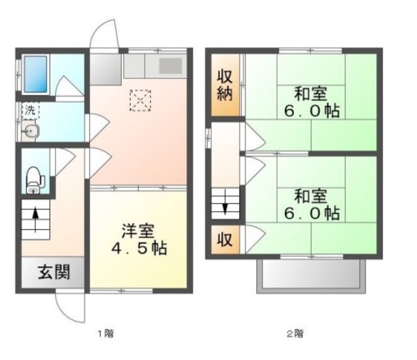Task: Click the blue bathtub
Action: pyautogui.click(x=36, y=74)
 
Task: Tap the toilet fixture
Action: pyautogui.click(x=35, y=180)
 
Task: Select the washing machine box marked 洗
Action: pyautogui.click(x=31, y=110)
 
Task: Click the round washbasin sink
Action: pyautogui.click(x=31, y=130)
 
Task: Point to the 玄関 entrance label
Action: pyautogui.click(x=54, y=272)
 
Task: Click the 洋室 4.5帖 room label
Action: pyautogui.click(x=139, y=239)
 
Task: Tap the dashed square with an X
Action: pyautogui.click(x=140, y=100)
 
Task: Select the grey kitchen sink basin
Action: pyautogui.click(x=171, y=66)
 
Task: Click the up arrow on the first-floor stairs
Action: pyautogui.click(x=35, y=220)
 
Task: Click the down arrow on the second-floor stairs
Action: pyautogui.click(x=225, y=202)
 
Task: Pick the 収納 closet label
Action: pyautogui.click(x=225, y=85)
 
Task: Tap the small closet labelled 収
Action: pyautogui.click(x=225, y=239)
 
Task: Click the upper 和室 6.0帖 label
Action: pyautogui.click(x=311, y=102)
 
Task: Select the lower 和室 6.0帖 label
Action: pyautogui.click(x=311, y=205)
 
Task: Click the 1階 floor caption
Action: pyautogui.click(x=106, y=333)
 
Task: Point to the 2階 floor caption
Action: pyautogui.click(x=295, y=333)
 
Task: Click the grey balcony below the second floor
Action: pyautogui.click(x=311, y=276)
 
